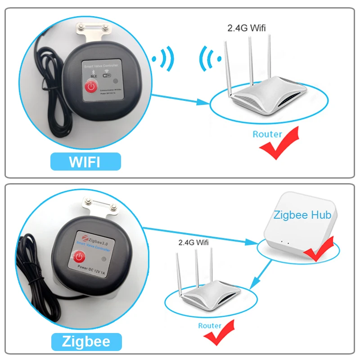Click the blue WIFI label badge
tap(85, 162)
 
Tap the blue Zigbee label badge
tap(86, 342)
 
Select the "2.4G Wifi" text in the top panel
tap(246, 28)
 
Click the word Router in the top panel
tap(267, 134)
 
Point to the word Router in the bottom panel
tap(210, 325)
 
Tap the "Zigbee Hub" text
tap(302, 215)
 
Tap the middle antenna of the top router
tap(248, 58)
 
